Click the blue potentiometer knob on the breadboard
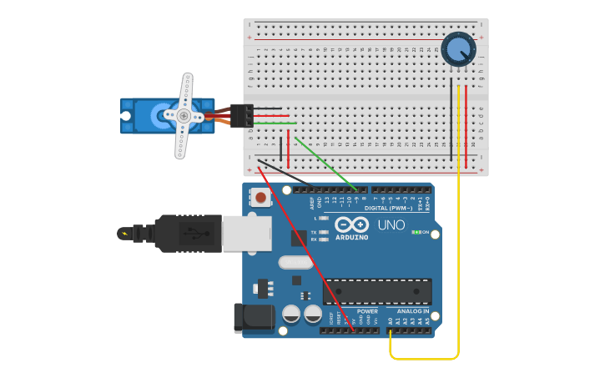(458, 49)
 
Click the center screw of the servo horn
(184, 116)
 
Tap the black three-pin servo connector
(242, 116)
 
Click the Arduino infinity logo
(352, 224)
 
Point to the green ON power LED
(416, 232)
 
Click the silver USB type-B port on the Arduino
(246, 233)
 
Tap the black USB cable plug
(188, 233)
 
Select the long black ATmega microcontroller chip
(377, 291)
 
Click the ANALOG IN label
(413, 311)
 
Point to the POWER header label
(367, 311)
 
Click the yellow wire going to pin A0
(458, 250)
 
